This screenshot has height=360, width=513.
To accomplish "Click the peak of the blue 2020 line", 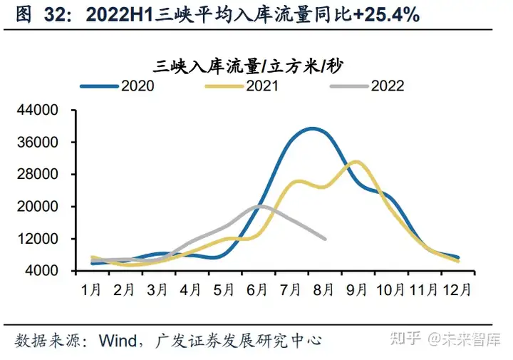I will pos(312,128).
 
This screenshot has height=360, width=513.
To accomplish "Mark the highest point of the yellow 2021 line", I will pos(356,162).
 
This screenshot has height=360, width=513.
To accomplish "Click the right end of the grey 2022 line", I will pos(325,239).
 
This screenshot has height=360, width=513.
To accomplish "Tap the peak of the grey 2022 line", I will pos(260,206).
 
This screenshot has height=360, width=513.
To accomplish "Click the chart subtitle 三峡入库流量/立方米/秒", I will pos(247,66).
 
